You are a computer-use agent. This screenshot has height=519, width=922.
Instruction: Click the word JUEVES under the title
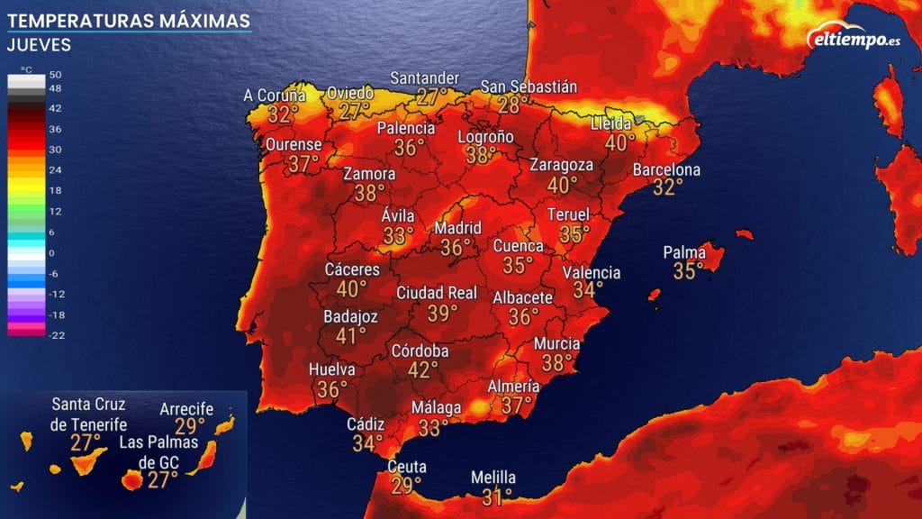click(x=38, y=44)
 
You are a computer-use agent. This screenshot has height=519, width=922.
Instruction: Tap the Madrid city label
click(x=457, y=228)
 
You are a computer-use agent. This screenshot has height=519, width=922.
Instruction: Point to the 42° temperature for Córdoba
click(x=422, y=369)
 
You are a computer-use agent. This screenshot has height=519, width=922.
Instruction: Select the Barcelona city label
click(x=666, y=169)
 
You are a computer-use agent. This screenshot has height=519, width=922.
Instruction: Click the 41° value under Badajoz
click(x=350, y=336)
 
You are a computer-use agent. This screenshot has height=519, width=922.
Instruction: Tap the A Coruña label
click(x=275, y=96)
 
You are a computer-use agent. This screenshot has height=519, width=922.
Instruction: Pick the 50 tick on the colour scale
click(x=55, y=75)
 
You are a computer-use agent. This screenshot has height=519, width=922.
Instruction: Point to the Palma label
click(x=684, y=252)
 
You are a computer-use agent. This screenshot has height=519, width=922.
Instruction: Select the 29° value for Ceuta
click(x=406, y=486)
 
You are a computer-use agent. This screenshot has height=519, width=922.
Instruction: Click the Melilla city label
click(x=493, y=478)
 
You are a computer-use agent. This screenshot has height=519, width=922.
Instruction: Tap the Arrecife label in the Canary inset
click(x=186, y=409)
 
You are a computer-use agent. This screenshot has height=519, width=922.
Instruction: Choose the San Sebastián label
click(x=528, y=86)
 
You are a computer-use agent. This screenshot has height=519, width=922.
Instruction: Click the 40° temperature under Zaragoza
click(x=563, y=185)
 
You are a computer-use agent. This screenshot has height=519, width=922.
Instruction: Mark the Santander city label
click(x=424, y=77)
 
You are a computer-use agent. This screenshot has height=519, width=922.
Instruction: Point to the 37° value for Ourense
click(x=304, y=163)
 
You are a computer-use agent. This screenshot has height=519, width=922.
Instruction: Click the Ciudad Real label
click(x=436, y=293)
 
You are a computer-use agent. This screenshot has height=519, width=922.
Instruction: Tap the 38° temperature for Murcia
click(x=557, y=362)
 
